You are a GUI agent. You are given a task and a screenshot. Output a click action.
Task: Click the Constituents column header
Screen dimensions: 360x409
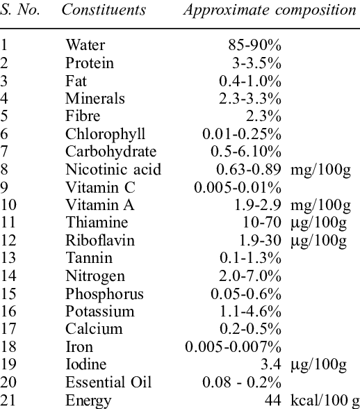click(104, 10)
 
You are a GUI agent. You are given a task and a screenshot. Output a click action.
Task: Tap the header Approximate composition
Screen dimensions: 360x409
click(270, 10)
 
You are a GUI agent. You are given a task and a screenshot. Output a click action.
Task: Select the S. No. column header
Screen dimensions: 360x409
click(20, 10)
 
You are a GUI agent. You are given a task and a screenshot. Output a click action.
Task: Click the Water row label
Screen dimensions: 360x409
click(85, 45)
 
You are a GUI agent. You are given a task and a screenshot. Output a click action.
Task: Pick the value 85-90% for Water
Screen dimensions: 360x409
click(254, 45)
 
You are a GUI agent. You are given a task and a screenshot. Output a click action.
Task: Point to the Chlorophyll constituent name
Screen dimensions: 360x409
click(105, 134)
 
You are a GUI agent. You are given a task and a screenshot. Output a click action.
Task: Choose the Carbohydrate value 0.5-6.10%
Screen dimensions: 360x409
click(246, 152)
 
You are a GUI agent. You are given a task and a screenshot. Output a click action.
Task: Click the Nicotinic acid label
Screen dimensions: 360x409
click(113, 169)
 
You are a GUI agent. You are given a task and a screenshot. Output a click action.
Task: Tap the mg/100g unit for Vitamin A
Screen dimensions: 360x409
click(320, 205)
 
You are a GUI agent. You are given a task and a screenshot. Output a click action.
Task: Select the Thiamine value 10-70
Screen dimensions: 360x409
click(262, 223)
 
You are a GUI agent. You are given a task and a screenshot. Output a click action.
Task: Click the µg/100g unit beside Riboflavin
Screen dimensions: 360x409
click(318, 241)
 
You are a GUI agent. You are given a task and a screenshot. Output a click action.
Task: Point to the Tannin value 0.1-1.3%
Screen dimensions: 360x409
click(250, 258)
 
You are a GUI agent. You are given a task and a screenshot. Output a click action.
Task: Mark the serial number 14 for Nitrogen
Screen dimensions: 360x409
click(8, 275)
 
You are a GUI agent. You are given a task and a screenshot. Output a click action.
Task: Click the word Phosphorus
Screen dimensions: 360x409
click(104, 294)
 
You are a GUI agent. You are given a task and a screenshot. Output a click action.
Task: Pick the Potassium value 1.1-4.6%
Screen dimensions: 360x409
click(250, 311)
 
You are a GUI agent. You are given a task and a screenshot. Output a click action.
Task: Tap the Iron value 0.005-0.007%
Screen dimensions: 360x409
click(234, 346)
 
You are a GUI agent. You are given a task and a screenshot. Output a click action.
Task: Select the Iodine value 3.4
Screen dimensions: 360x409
click(271, 364)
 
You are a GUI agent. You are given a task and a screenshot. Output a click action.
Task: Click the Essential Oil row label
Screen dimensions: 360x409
click(108, 382)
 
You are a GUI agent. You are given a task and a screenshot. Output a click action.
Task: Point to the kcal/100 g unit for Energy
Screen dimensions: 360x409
click(325, 401)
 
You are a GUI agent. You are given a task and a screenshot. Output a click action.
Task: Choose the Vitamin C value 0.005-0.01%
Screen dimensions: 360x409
click(238, 188)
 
